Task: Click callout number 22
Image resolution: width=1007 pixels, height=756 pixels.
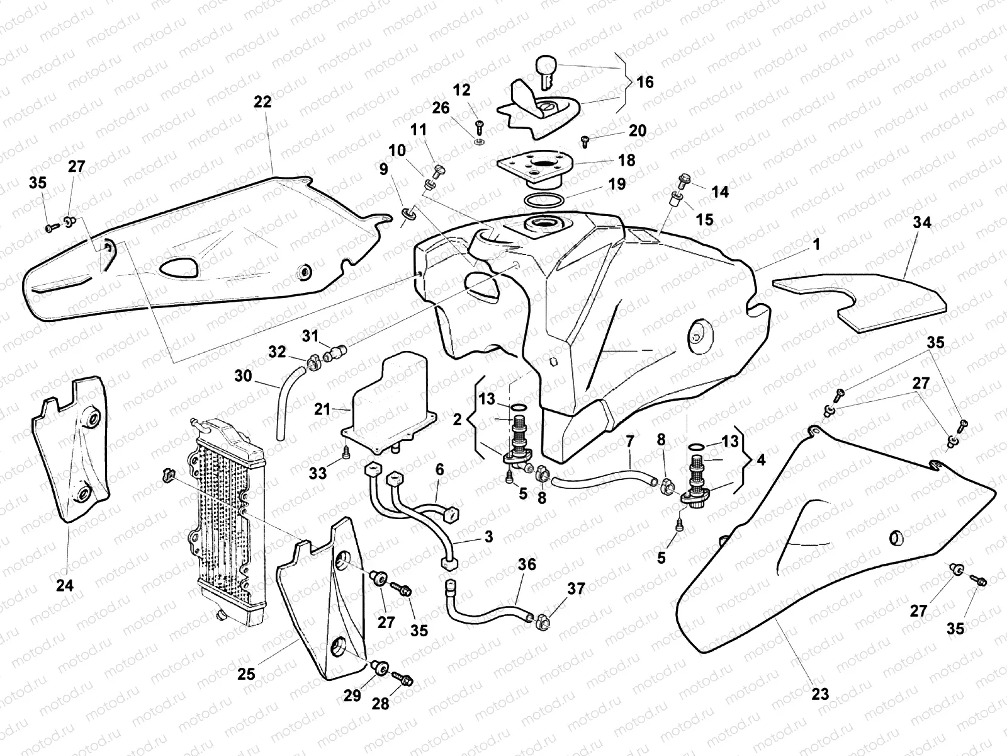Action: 262,101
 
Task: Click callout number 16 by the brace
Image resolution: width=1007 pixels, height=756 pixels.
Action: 644,83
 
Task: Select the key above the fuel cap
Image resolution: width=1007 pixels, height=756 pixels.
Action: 545,69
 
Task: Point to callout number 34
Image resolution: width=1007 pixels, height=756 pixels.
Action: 923,222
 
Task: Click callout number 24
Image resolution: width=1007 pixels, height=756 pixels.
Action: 65,585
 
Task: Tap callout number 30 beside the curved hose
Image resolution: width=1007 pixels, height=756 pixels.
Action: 243,376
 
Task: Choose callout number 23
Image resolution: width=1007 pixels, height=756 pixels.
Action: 819,695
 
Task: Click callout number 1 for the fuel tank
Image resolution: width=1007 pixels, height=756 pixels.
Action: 816,244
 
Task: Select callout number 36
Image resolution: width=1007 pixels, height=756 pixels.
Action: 527,564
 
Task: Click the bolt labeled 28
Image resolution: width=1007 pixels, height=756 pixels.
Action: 403,680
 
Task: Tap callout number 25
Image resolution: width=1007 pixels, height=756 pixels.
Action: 246,674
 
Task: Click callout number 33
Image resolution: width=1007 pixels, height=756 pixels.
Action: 318,472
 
